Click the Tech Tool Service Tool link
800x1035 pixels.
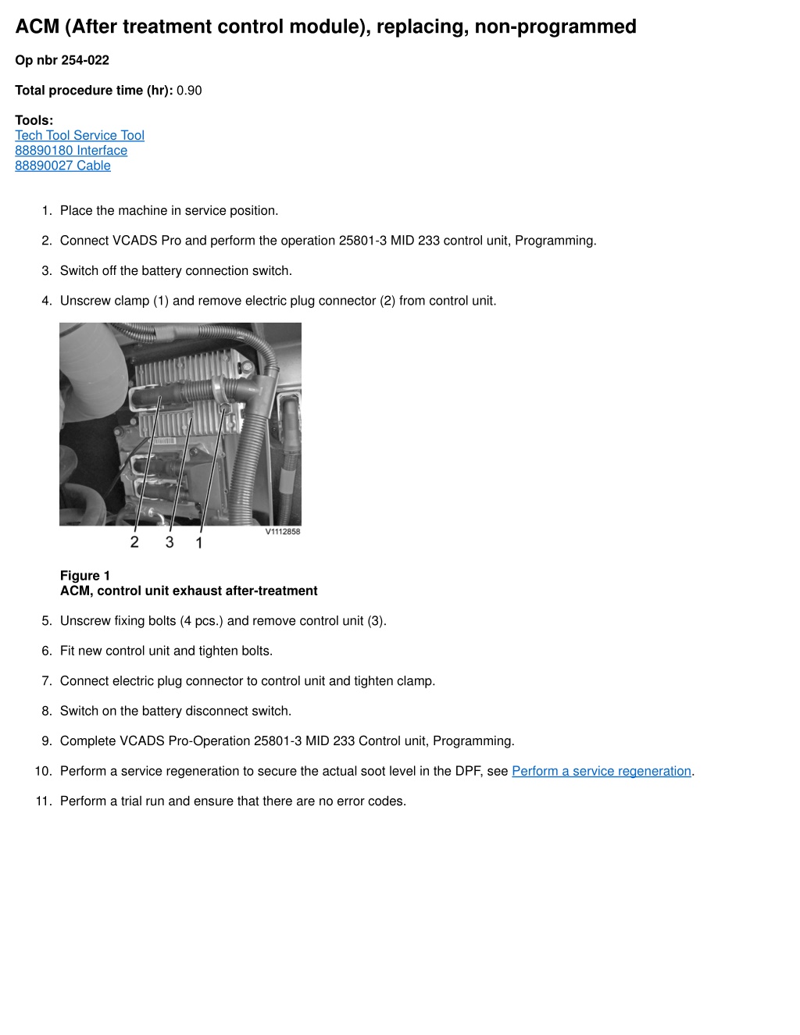point(80,135)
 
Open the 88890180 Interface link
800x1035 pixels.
point(71,150)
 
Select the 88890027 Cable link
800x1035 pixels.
point(62,165)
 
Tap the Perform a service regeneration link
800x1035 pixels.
point(602,771)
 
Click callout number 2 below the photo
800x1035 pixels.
point(134,541)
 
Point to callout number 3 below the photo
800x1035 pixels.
point(170,541)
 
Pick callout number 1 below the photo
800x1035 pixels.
point(199,542)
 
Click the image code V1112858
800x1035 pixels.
point(283,531)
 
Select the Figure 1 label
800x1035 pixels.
point(85,576)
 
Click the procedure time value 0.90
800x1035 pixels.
point(189,90)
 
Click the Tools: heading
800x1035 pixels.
point(34,120)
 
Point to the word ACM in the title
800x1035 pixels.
point(37,27)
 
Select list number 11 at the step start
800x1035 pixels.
point(43,801)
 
